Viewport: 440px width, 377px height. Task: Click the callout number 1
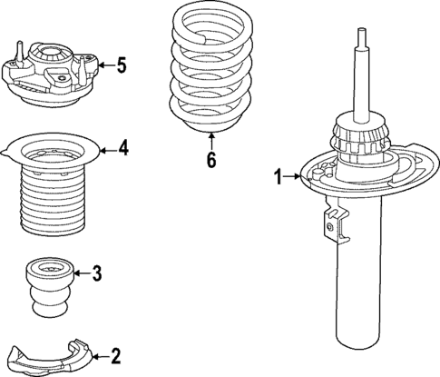[279, 177]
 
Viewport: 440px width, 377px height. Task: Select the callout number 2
[114, 356]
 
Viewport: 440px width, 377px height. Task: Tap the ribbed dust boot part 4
[52, 191]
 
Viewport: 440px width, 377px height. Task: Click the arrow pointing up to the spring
[210, 140]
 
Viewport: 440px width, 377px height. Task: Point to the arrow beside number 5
[102, 64]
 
